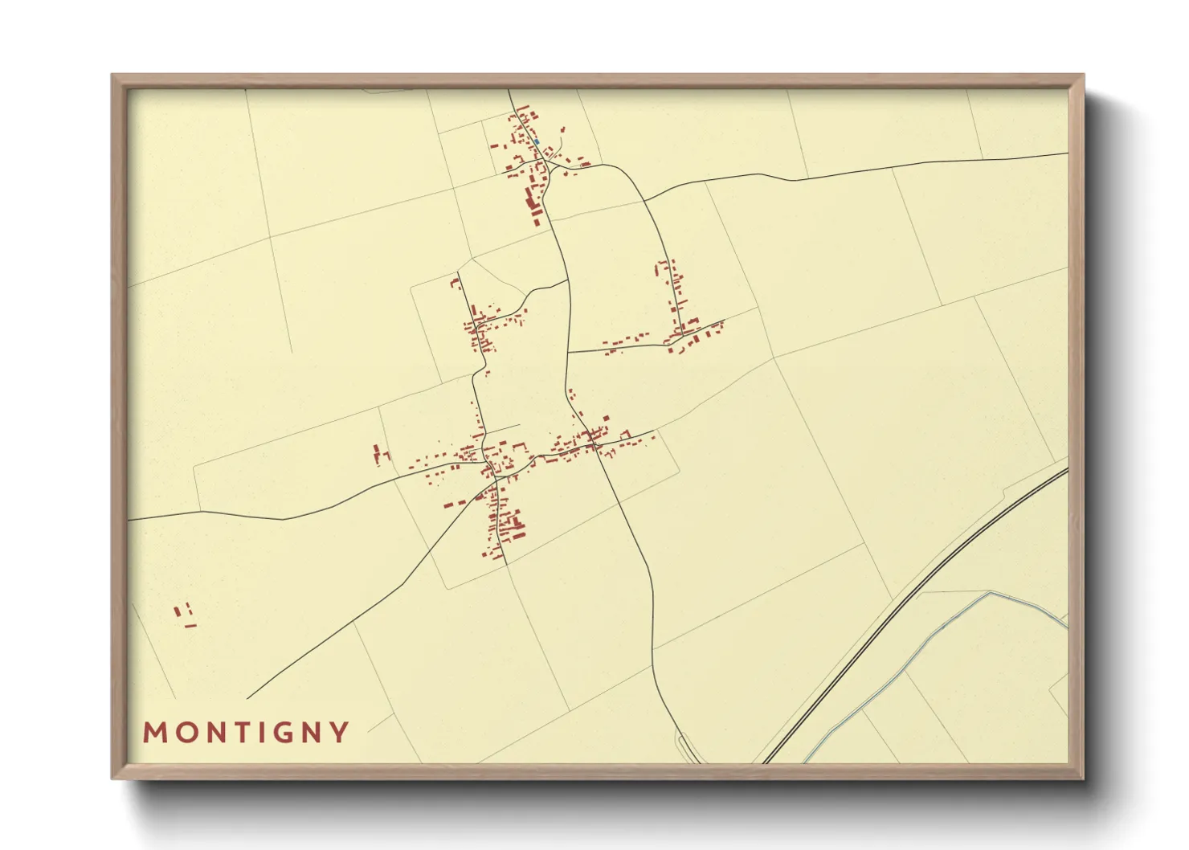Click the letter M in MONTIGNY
pyautogui.click(x=153, y=733)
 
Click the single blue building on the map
pyautogui.click(x=537, y=142)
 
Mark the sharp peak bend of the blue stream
pyautogui.click(x=990, y=594)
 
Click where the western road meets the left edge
pyautogui.click(x=130, y=520)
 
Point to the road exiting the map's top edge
pyautogui.click(x=509, y=91)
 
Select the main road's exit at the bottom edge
pyautogui.click(x=697, y=761)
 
